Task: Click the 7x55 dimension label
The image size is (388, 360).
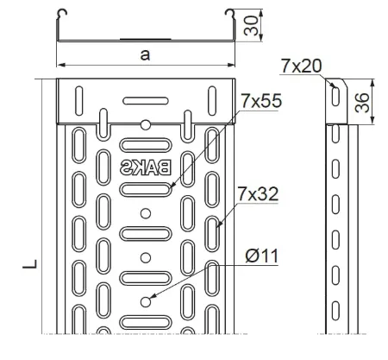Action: point(261,101)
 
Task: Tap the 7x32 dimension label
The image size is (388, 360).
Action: point(258,194)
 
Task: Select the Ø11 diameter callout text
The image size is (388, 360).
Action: point(262,256)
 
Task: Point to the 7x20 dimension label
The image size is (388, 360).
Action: point(301,66)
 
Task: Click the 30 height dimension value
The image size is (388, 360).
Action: point(251,25)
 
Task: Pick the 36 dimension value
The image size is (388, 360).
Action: point(362,103)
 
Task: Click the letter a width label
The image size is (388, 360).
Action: point(145,54)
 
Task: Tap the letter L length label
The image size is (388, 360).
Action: point(30,264)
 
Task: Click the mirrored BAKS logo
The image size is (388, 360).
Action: point(146,167)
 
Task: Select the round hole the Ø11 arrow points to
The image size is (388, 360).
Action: point(146,302)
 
